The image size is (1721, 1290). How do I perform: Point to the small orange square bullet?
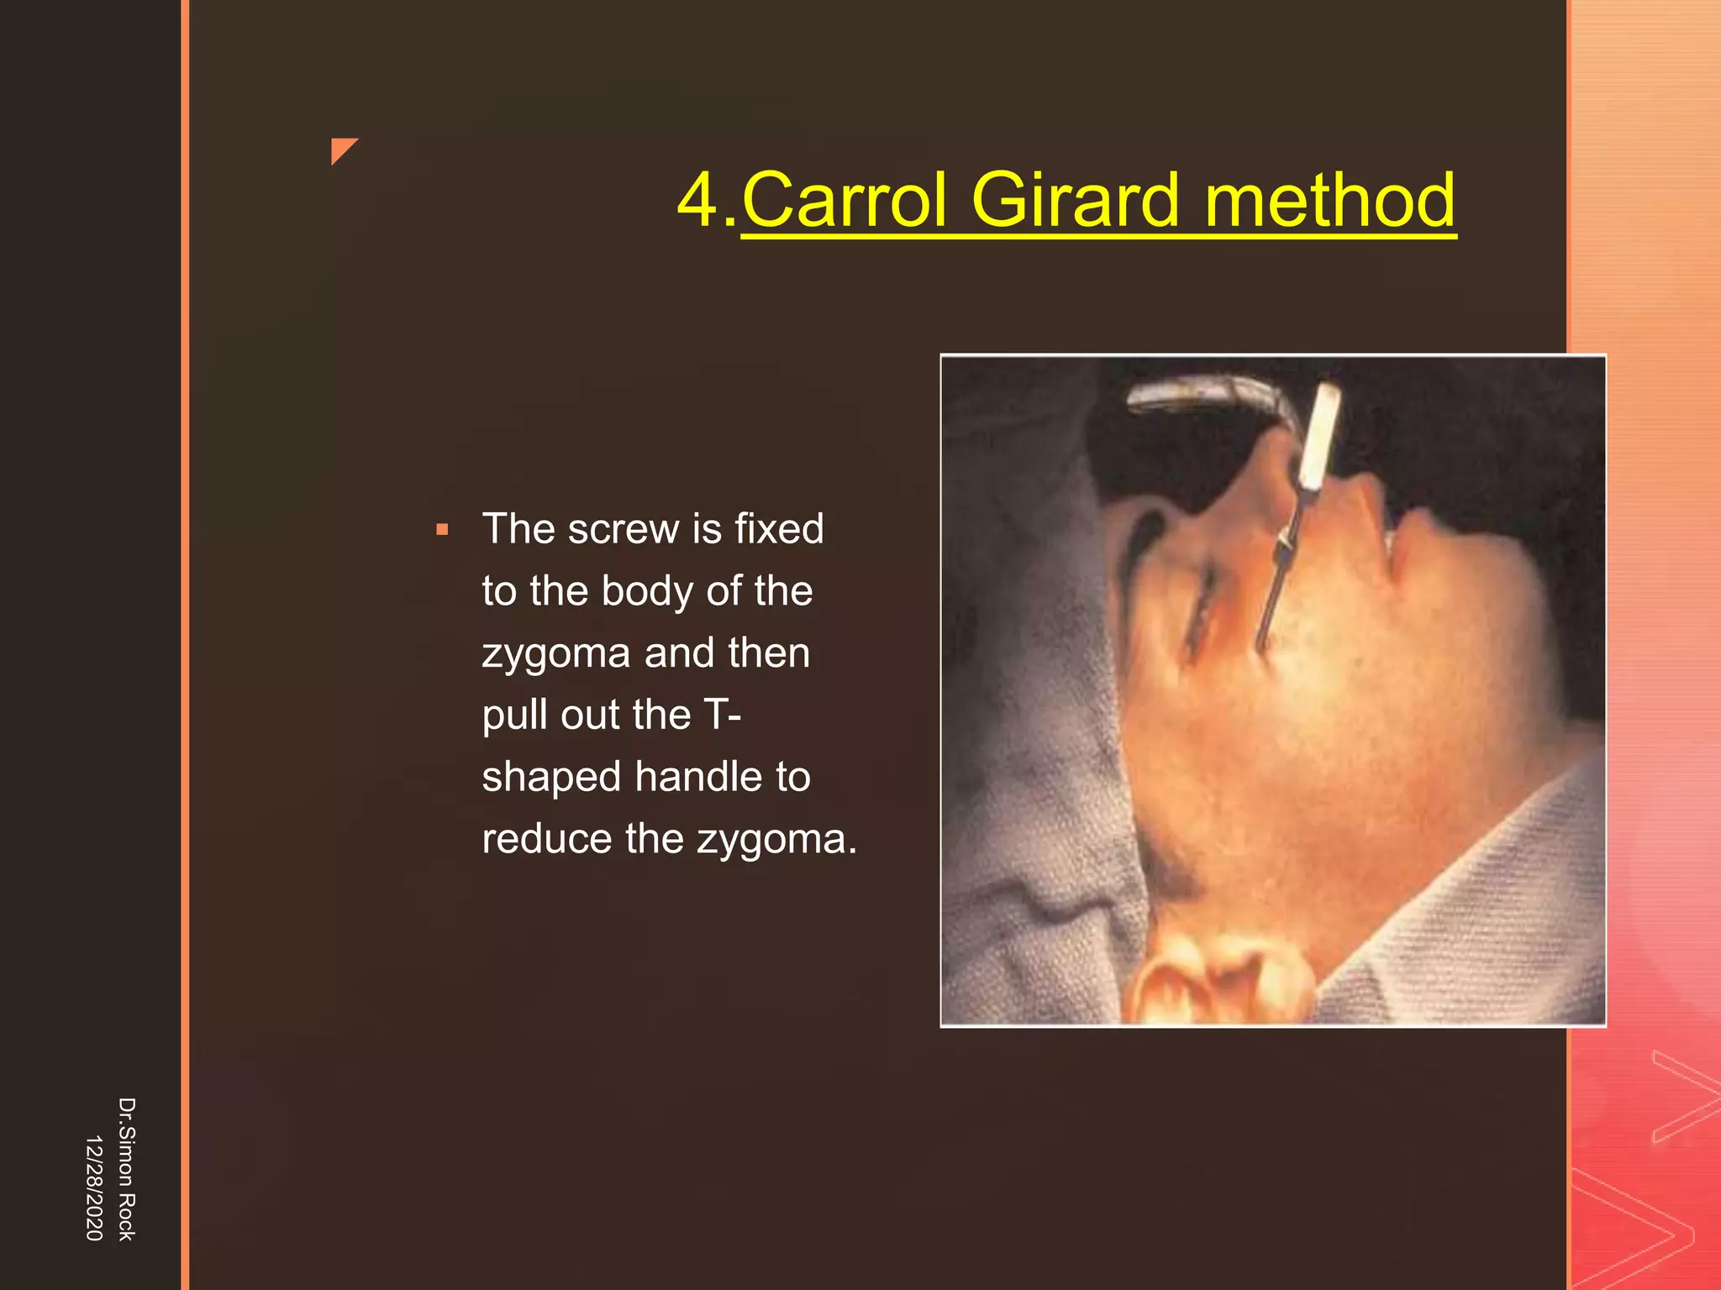pyautogui.click(x=442, y=531)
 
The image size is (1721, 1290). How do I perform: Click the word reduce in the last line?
pyautogui.click(x=546, y=839)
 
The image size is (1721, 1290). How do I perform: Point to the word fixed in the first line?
pyautogui.click(x=779, y=529)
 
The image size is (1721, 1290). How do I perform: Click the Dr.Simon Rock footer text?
pyautogui.click(x=126, y=1168)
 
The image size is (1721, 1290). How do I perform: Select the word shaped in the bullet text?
pyautogui.click(x=554, y=777)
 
